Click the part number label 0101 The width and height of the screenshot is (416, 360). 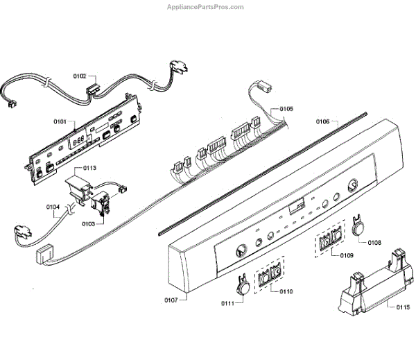tap(60, 122)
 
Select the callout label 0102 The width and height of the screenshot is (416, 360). tap(80, 75)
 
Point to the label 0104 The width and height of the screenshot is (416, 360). tap(53, 207)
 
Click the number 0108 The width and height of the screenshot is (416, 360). tap(374, 243)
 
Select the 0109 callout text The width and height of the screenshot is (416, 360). tap(347, 257)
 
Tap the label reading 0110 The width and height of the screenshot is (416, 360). tap(286, 291)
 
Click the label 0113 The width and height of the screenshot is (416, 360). tap(89, 169)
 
